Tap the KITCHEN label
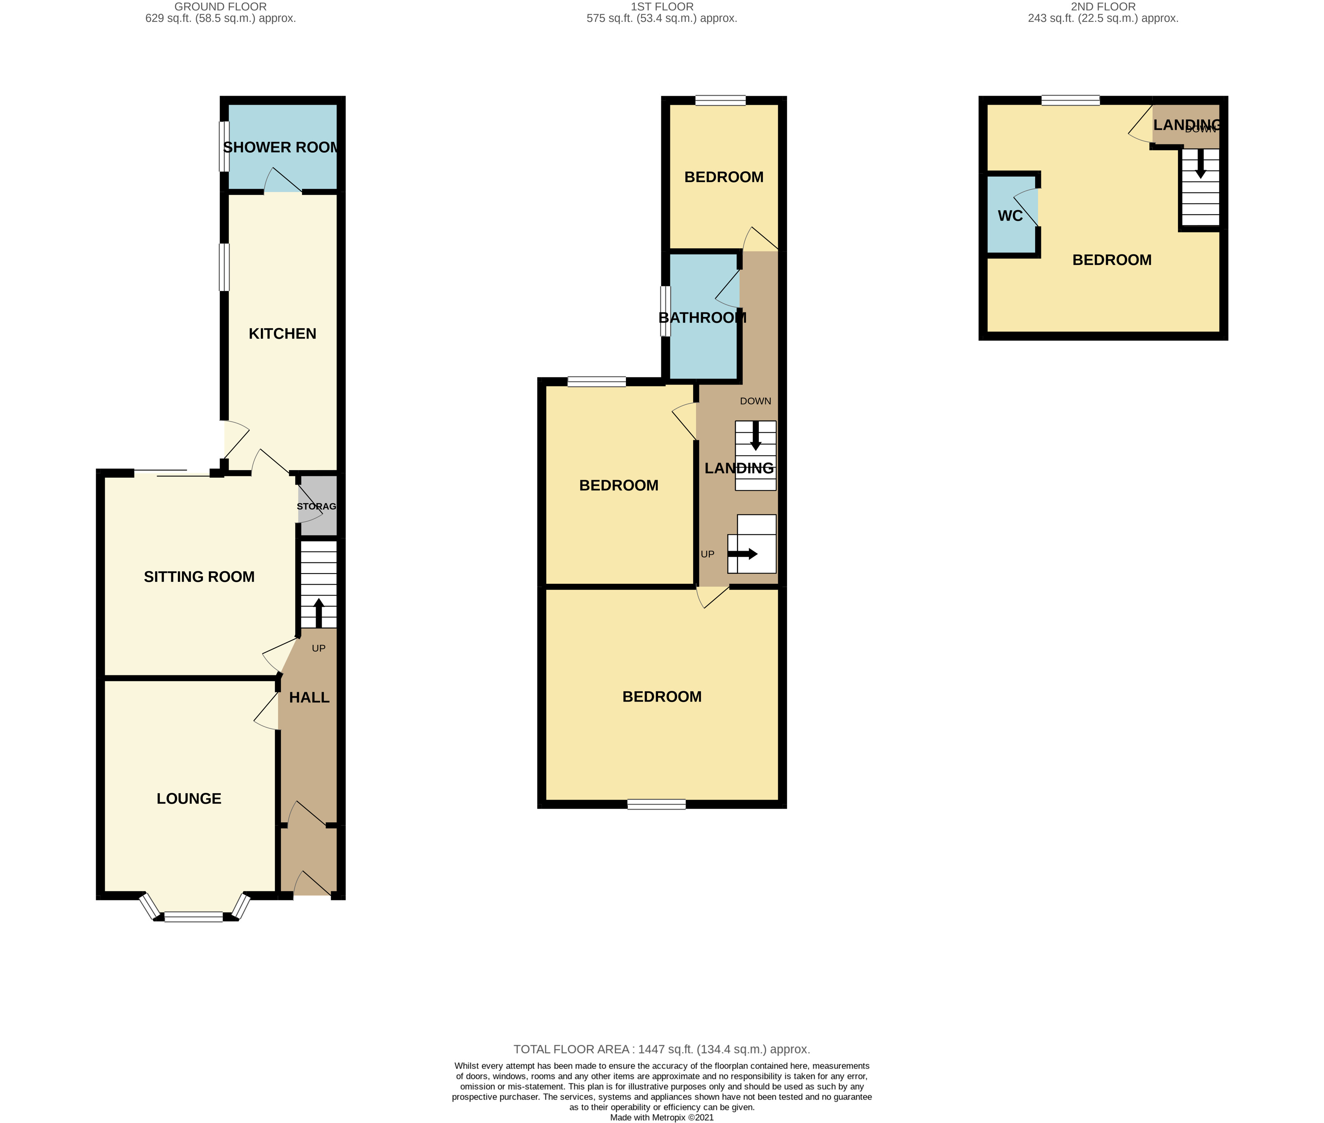coord(282,334)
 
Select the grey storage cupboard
coord(317,506)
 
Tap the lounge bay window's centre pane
coord(194,917)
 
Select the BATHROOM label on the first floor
coord(702,318)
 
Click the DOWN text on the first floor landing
coord(755,401)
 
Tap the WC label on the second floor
coord(1010,216)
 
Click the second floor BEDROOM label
coord(1111,260)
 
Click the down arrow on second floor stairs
coord(1201,164)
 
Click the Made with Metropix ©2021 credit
coord(662,1117)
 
